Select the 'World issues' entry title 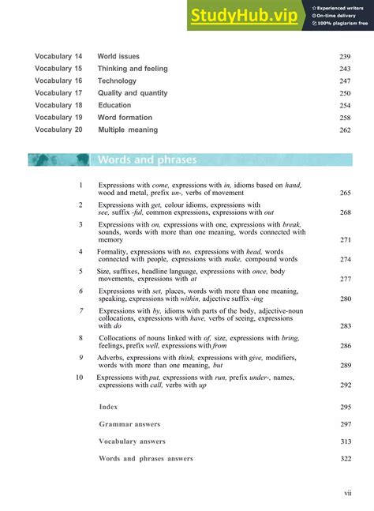(118, 57)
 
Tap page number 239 (345, 57)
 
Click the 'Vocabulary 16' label (58, 81)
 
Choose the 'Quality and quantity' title (133, 93)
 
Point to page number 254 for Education (345, 105)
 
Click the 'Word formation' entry (124, 117)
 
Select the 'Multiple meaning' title (128, 130)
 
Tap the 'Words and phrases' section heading (147, 160)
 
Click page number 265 (345, 193)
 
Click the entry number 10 (79, 378)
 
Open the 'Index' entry (108, 407)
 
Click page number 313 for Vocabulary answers (345, 441)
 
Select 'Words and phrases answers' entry (145, 459)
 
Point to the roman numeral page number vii (347, 493)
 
